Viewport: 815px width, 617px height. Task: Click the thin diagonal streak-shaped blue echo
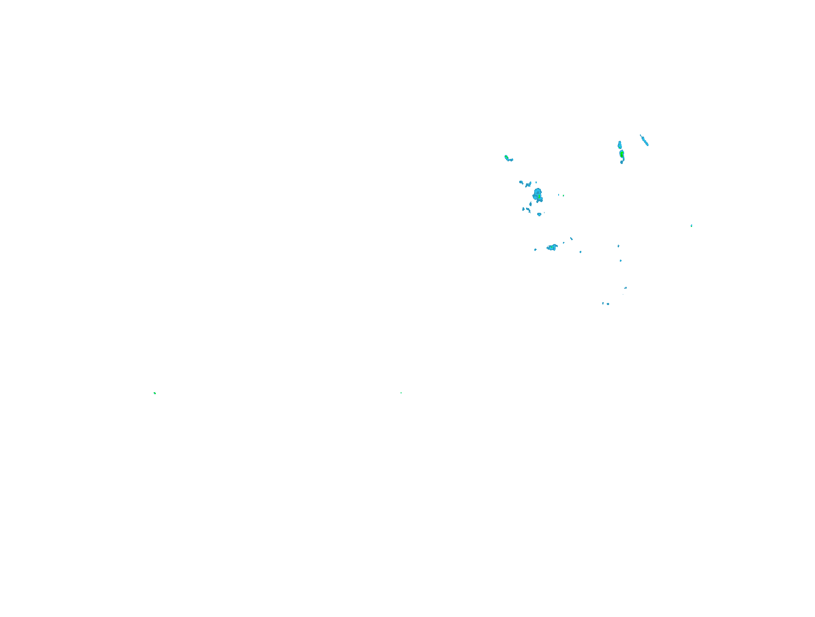pos(644,140)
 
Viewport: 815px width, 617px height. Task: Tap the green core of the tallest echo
pos(622,153)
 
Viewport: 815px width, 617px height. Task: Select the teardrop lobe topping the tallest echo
pos(619,144)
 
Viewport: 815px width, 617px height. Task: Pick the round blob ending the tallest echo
pos(622,162)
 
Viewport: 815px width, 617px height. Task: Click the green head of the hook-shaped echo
pos(506,157)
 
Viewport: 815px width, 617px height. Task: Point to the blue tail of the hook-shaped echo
pos(511,160)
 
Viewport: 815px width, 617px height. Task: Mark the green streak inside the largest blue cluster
pos(539,197)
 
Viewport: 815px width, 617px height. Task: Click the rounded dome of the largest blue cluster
pos(538,191)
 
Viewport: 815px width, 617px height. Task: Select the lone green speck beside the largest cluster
pos(563,196)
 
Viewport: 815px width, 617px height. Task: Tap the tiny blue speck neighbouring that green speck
pos(559,195)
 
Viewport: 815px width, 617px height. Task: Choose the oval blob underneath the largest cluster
pos(539,214)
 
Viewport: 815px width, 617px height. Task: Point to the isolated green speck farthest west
pos(155,393)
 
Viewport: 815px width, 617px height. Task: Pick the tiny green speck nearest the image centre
pos(401,393)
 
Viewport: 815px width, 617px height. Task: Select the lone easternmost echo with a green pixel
pos(691,226)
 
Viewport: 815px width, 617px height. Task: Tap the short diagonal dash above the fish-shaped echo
pos(571,238)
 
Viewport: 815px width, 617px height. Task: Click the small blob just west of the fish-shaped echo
pos(535,250)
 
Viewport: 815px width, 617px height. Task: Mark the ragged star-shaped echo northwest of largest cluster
pos(528,185)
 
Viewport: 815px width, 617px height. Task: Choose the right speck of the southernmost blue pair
pos(608,304)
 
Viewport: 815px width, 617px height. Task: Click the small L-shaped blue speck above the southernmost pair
pos(625,288)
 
